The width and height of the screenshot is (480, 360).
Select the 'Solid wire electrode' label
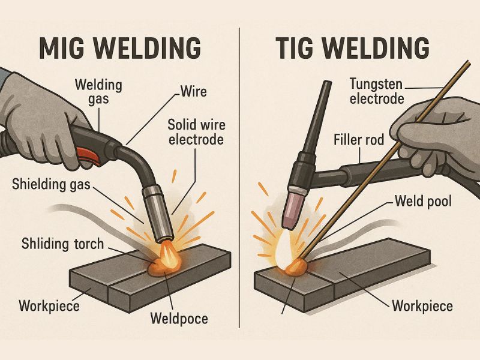click(x=195, y=131)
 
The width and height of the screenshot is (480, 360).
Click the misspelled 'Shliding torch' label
click(x=62, y=244)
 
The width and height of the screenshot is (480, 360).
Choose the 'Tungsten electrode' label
click(x=376, y=91)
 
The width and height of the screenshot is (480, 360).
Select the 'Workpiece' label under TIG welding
click(x=422, y=306)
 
